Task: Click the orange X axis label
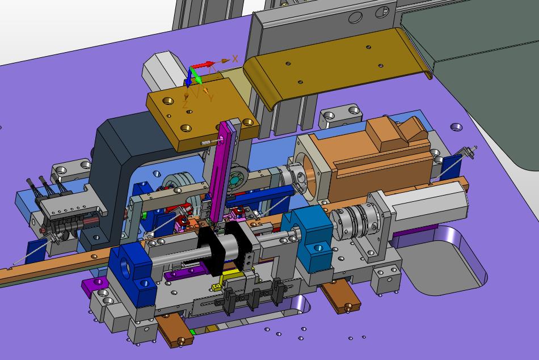235,59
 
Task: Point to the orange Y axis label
211,98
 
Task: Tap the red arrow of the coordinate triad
203,65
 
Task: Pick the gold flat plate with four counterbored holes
202,113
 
